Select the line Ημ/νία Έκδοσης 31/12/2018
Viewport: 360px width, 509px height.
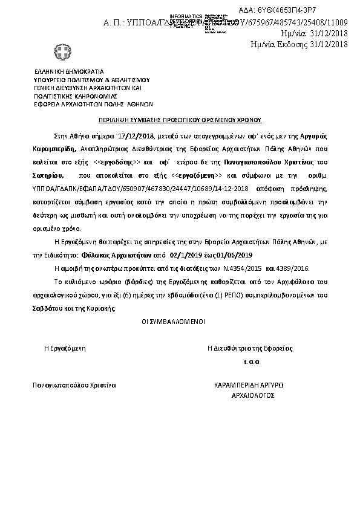point(299,44)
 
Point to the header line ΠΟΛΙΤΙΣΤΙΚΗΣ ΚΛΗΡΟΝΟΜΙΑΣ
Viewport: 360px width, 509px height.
point(76,96)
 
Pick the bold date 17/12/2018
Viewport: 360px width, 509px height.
point(136,137)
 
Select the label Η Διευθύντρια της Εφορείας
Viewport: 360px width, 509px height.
point(249,348)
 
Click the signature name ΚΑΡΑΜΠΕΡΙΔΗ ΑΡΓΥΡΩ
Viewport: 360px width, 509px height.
point(249,384)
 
